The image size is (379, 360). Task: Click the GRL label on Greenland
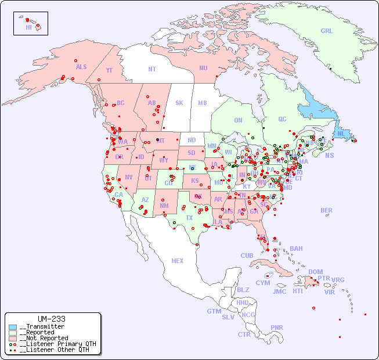327,31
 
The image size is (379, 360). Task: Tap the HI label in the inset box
28,27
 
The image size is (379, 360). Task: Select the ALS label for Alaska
81,67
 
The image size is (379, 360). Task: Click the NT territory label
152,69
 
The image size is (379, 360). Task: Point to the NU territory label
203,69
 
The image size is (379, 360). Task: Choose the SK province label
179,103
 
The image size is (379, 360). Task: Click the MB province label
203,103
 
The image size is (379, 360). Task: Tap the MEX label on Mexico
178,261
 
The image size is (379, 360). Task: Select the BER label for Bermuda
327,211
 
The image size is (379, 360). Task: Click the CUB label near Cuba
247,256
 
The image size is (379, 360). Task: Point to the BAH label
296,249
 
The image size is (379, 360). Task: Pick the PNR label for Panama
277,327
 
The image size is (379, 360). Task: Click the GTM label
214,311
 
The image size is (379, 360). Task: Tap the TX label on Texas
189,218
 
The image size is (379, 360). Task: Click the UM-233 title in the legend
51,319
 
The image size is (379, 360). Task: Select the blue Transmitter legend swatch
13,327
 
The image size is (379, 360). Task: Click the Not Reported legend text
44,338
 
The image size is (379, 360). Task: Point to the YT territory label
109,70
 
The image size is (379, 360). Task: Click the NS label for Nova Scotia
329,156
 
